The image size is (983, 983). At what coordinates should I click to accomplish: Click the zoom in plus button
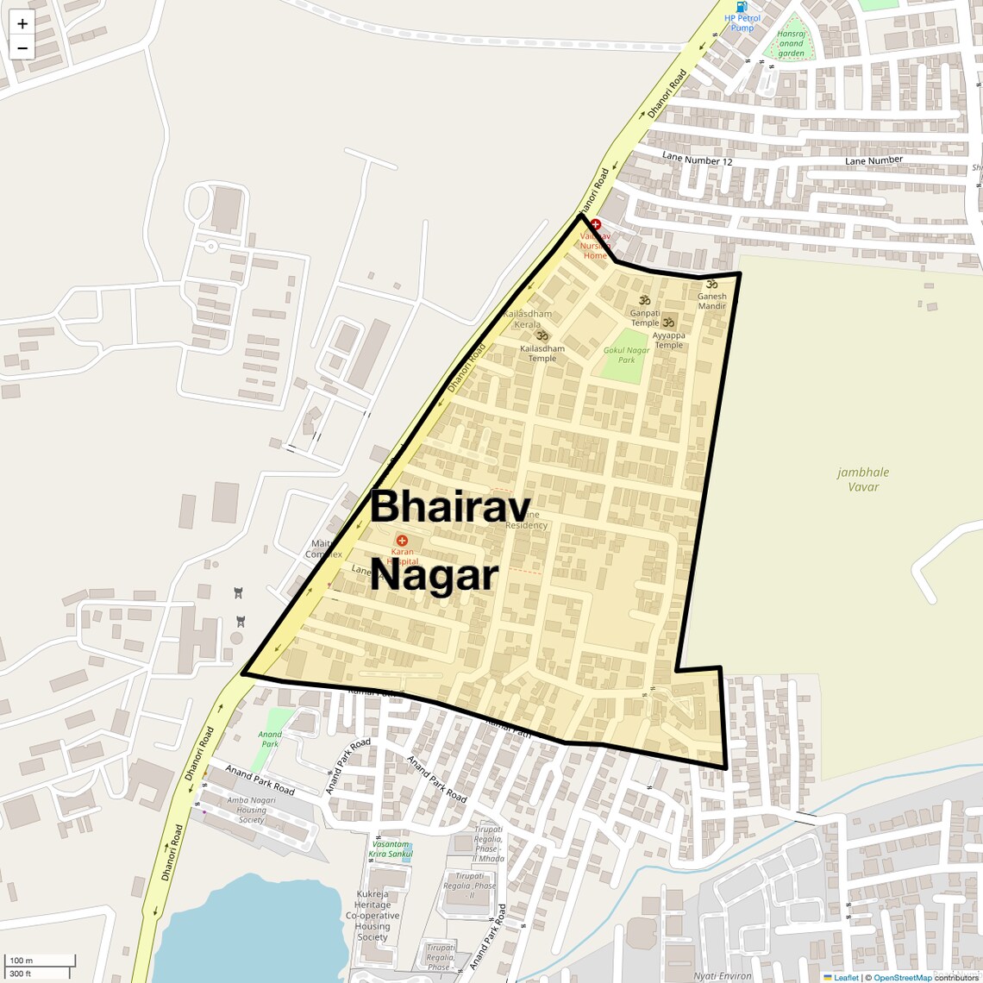[22, 24]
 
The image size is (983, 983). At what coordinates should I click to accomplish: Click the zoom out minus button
[22, 48]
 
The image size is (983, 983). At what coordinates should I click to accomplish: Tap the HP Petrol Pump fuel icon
[742, 7]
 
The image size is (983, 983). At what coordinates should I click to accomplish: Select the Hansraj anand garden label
[791, 44]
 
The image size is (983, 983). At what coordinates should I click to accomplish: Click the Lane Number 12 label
[697, 160]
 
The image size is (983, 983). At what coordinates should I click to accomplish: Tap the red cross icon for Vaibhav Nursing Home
[595, 224]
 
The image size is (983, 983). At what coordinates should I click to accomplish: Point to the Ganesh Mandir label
[711, 301]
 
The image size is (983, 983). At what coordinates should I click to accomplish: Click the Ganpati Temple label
[645, 318]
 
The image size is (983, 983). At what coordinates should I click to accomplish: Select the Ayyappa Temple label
[668, 341]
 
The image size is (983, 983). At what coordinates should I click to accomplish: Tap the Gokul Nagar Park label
[626, 355]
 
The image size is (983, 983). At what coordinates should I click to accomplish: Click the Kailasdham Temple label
[542, 354]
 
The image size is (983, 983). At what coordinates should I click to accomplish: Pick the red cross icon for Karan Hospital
[402, 540]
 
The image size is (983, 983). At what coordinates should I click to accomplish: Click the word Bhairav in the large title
[450, 507]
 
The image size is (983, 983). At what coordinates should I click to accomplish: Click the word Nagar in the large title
[434, 575]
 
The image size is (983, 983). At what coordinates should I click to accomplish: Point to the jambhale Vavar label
[862, 479]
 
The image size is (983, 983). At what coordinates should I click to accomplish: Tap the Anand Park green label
[270, 739]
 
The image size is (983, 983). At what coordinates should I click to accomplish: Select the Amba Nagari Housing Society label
[251, 810]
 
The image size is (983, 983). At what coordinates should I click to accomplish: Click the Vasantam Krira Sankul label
[390, 849]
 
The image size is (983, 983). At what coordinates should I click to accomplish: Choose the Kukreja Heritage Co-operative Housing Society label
[373, 916]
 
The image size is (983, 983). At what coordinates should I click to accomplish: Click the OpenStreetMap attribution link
[902, 978]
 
